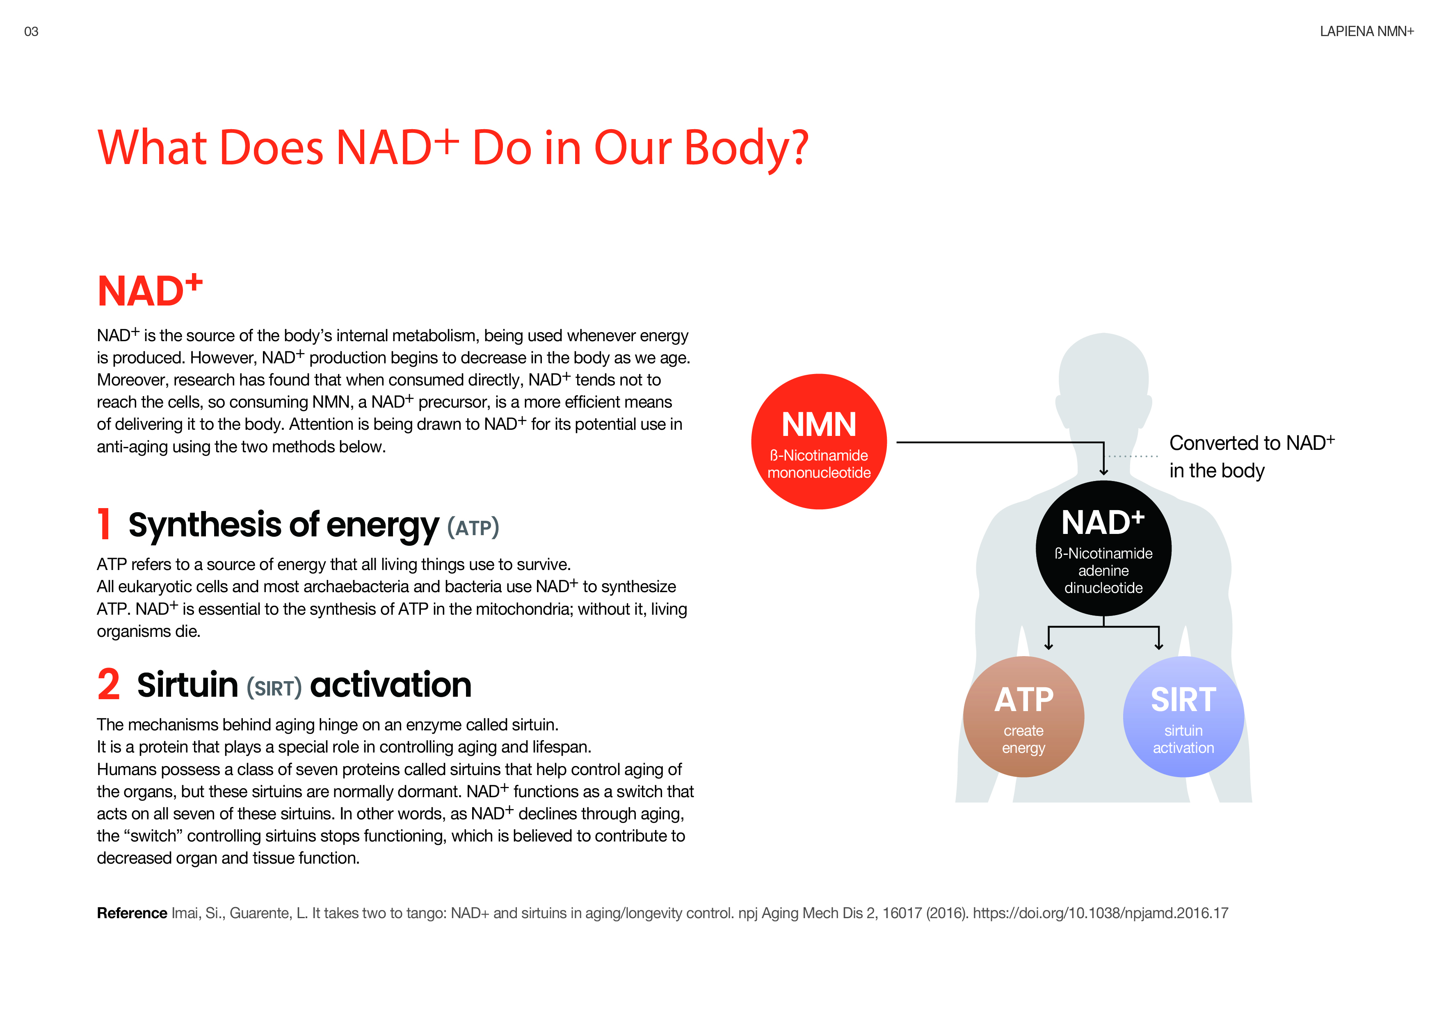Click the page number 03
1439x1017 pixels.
[31, 31]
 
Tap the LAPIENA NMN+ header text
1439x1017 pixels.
[1366, 31]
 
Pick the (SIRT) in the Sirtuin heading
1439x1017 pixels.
[274, 687]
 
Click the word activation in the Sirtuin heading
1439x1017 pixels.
[391, 684]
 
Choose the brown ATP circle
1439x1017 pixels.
[1023, 717]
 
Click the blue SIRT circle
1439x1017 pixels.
[1183, 717]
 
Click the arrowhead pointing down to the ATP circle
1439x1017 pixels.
[1048, 646]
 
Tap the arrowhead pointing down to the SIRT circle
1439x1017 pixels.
[1159, 646]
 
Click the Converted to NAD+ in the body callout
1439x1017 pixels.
[1252, 457]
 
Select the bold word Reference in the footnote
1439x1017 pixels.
[132, 913]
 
